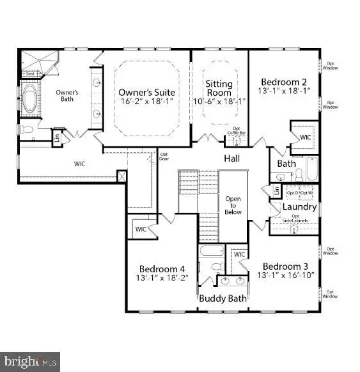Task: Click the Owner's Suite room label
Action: coord(146,91)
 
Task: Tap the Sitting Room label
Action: coord(219,88)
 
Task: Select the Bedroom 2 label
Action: coord(284,81)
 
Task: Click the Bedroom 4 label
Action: coord(163,268)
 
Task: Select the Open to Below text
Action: coord(233,205)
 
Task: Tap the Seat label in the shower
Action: coord(29,74)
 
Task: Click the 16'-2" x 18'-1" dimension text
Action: coord(146,102)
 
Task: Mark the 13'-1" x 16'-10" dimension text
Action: coord(285,276)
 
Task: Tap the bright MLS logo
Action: coord(31,362)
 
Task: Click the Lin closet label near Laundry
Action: coord(276,190)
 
